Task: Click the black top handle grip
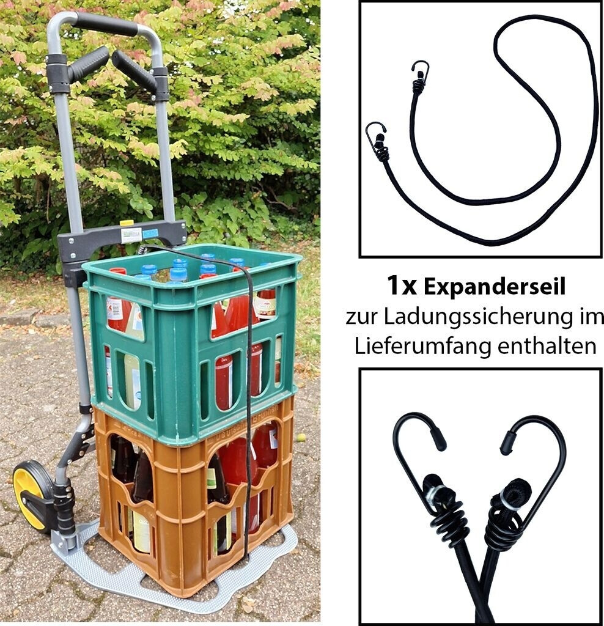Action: point(106,24)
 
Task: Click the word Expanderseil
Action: point(495,287)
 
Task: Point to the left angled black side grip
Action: point(86,64)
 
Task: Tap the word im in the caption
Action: point(591,317)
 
